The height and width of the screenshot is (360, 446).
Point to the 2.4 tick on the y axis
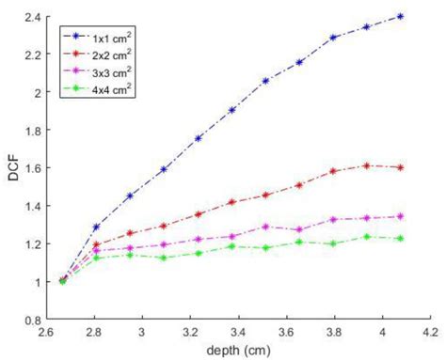33,17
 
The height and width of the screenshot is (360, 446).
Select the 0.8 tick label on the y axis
33,320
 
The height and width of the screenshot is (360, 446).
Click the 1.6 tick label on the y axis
33,168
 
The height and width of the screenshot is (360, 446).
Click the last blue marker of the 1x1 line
402,16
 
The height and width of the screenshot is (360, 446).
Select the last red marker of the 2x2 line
402,167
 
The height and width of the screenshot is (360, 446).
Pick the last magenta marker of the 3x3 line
402,216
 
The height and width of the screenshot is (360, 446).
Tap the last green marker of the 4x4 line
402,238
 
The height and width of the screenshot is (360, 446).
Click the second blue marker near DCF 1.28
96,227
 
